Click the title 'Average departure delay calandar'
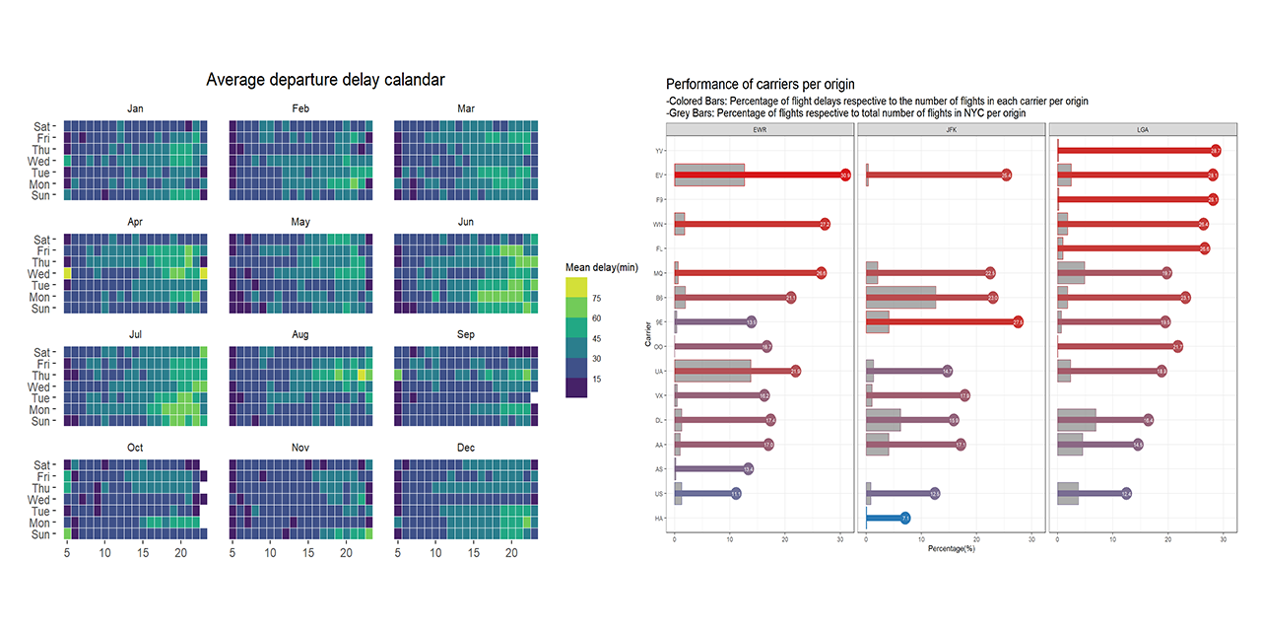(325, 80)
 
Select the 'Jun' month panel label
(466, 223)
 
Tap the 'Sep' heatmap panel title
(466, 335)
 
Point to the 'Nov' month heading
(300, 448)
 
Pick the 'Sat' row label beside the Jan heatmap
(42, 126)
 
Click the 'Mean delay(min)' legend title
(602, 267)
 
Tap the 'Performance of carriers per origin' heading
(760, 85)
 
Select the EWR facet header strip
(760, 129)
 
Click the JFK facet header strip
(951, 129)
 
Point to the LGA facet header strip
(1143, 129)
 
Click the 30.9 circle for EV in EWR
(844, 175)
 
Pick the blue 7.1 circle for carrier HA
(904, 518)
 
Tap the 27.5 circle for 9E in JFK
(1018, 321)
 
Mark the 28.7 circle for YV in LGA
(1215, 151)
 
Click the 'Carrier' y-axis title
(648, 334)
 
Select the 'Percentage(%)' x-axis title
(951, 547)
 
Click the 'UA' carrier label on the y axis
(657, 371)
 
